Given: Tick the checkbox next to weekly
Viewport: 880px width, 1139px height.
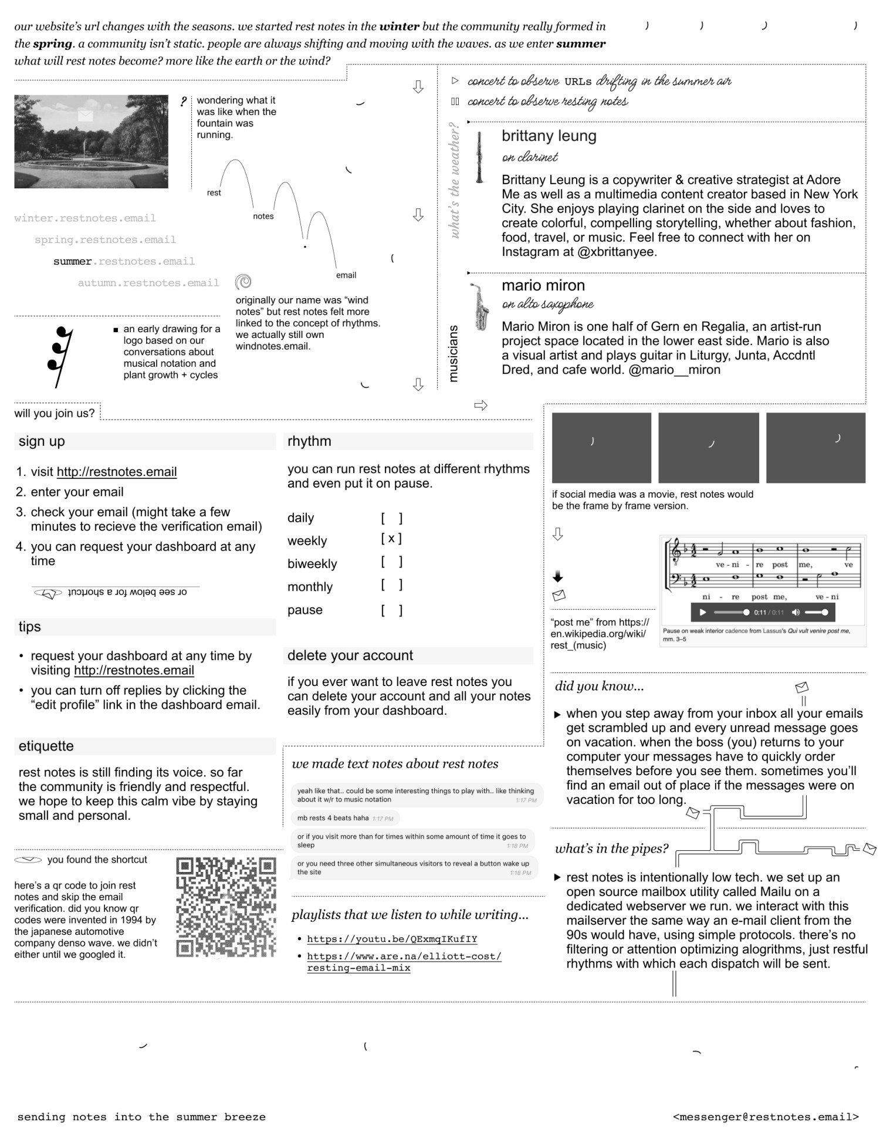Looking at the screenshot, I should pos(391,539).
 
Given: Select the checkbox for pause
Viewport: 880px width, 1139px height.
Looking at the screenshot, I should pos(391,610).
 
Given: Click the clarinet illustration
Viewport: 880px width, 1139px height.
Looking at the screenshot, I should pos(480,157).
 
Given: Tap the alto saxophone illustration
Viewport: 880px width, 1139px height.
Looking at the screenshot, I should pos(480,306).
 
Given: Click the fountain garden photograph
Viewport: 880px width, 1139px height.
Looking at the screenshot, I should pos(91,141).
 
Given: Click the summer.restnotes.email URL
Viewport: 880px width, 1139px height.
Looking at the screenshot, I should pos(124,261).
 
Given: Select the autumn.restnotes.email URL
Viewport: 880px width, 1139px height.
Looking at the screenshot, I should pos(148,283).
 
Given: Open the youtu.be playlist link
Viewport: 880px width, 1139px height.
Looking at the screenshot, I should pos(392,939).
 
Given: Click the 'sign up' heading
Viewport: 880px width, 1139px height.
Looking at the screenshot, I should pos(42,441).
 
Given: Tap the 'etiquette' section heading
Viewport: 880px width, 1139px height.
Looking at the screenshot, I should pos(46,746).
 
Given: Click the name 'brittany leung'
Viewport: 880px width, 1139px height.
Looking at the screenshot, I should pos(549,136).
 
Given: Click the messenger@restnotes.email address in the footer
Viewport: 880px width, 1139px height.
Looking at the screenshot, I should pos(766,1117).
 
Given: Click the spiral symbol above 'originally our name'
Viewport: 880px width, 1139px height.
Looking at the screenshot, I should pos(243,282).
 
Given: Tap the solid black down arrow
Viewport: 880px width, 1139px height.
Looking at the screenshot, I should pos(558,576).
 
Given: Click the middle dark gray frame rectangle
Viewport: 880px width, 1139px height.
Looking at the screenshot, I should pos(708,448).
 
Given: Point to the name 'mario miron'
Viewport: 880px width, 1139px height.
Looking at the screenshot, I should pos(543,286).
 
